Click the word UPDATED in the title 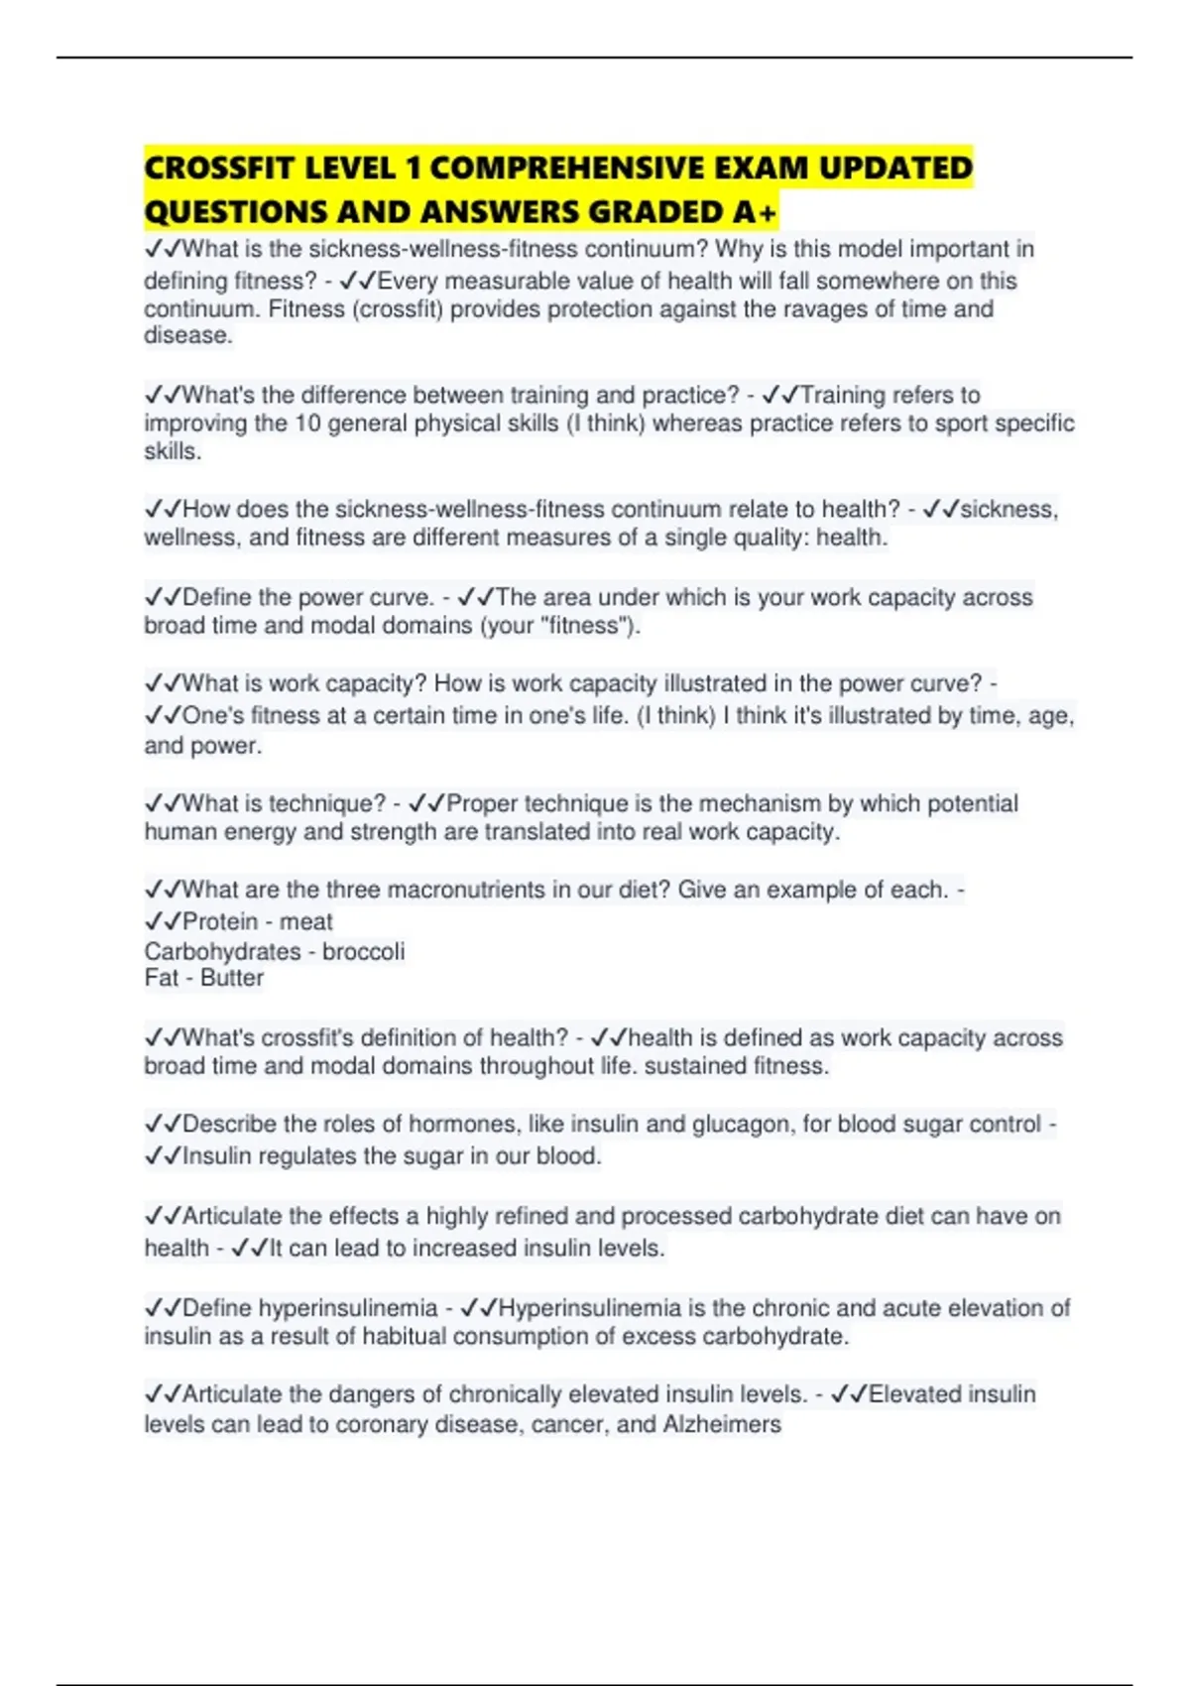895,168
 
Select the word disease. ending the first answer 188,335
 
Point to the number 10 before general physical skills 307,423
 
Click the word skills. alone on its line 173,451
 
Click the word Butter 232,978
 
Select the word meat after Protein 305,921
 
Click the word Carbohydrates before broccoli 222,951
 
